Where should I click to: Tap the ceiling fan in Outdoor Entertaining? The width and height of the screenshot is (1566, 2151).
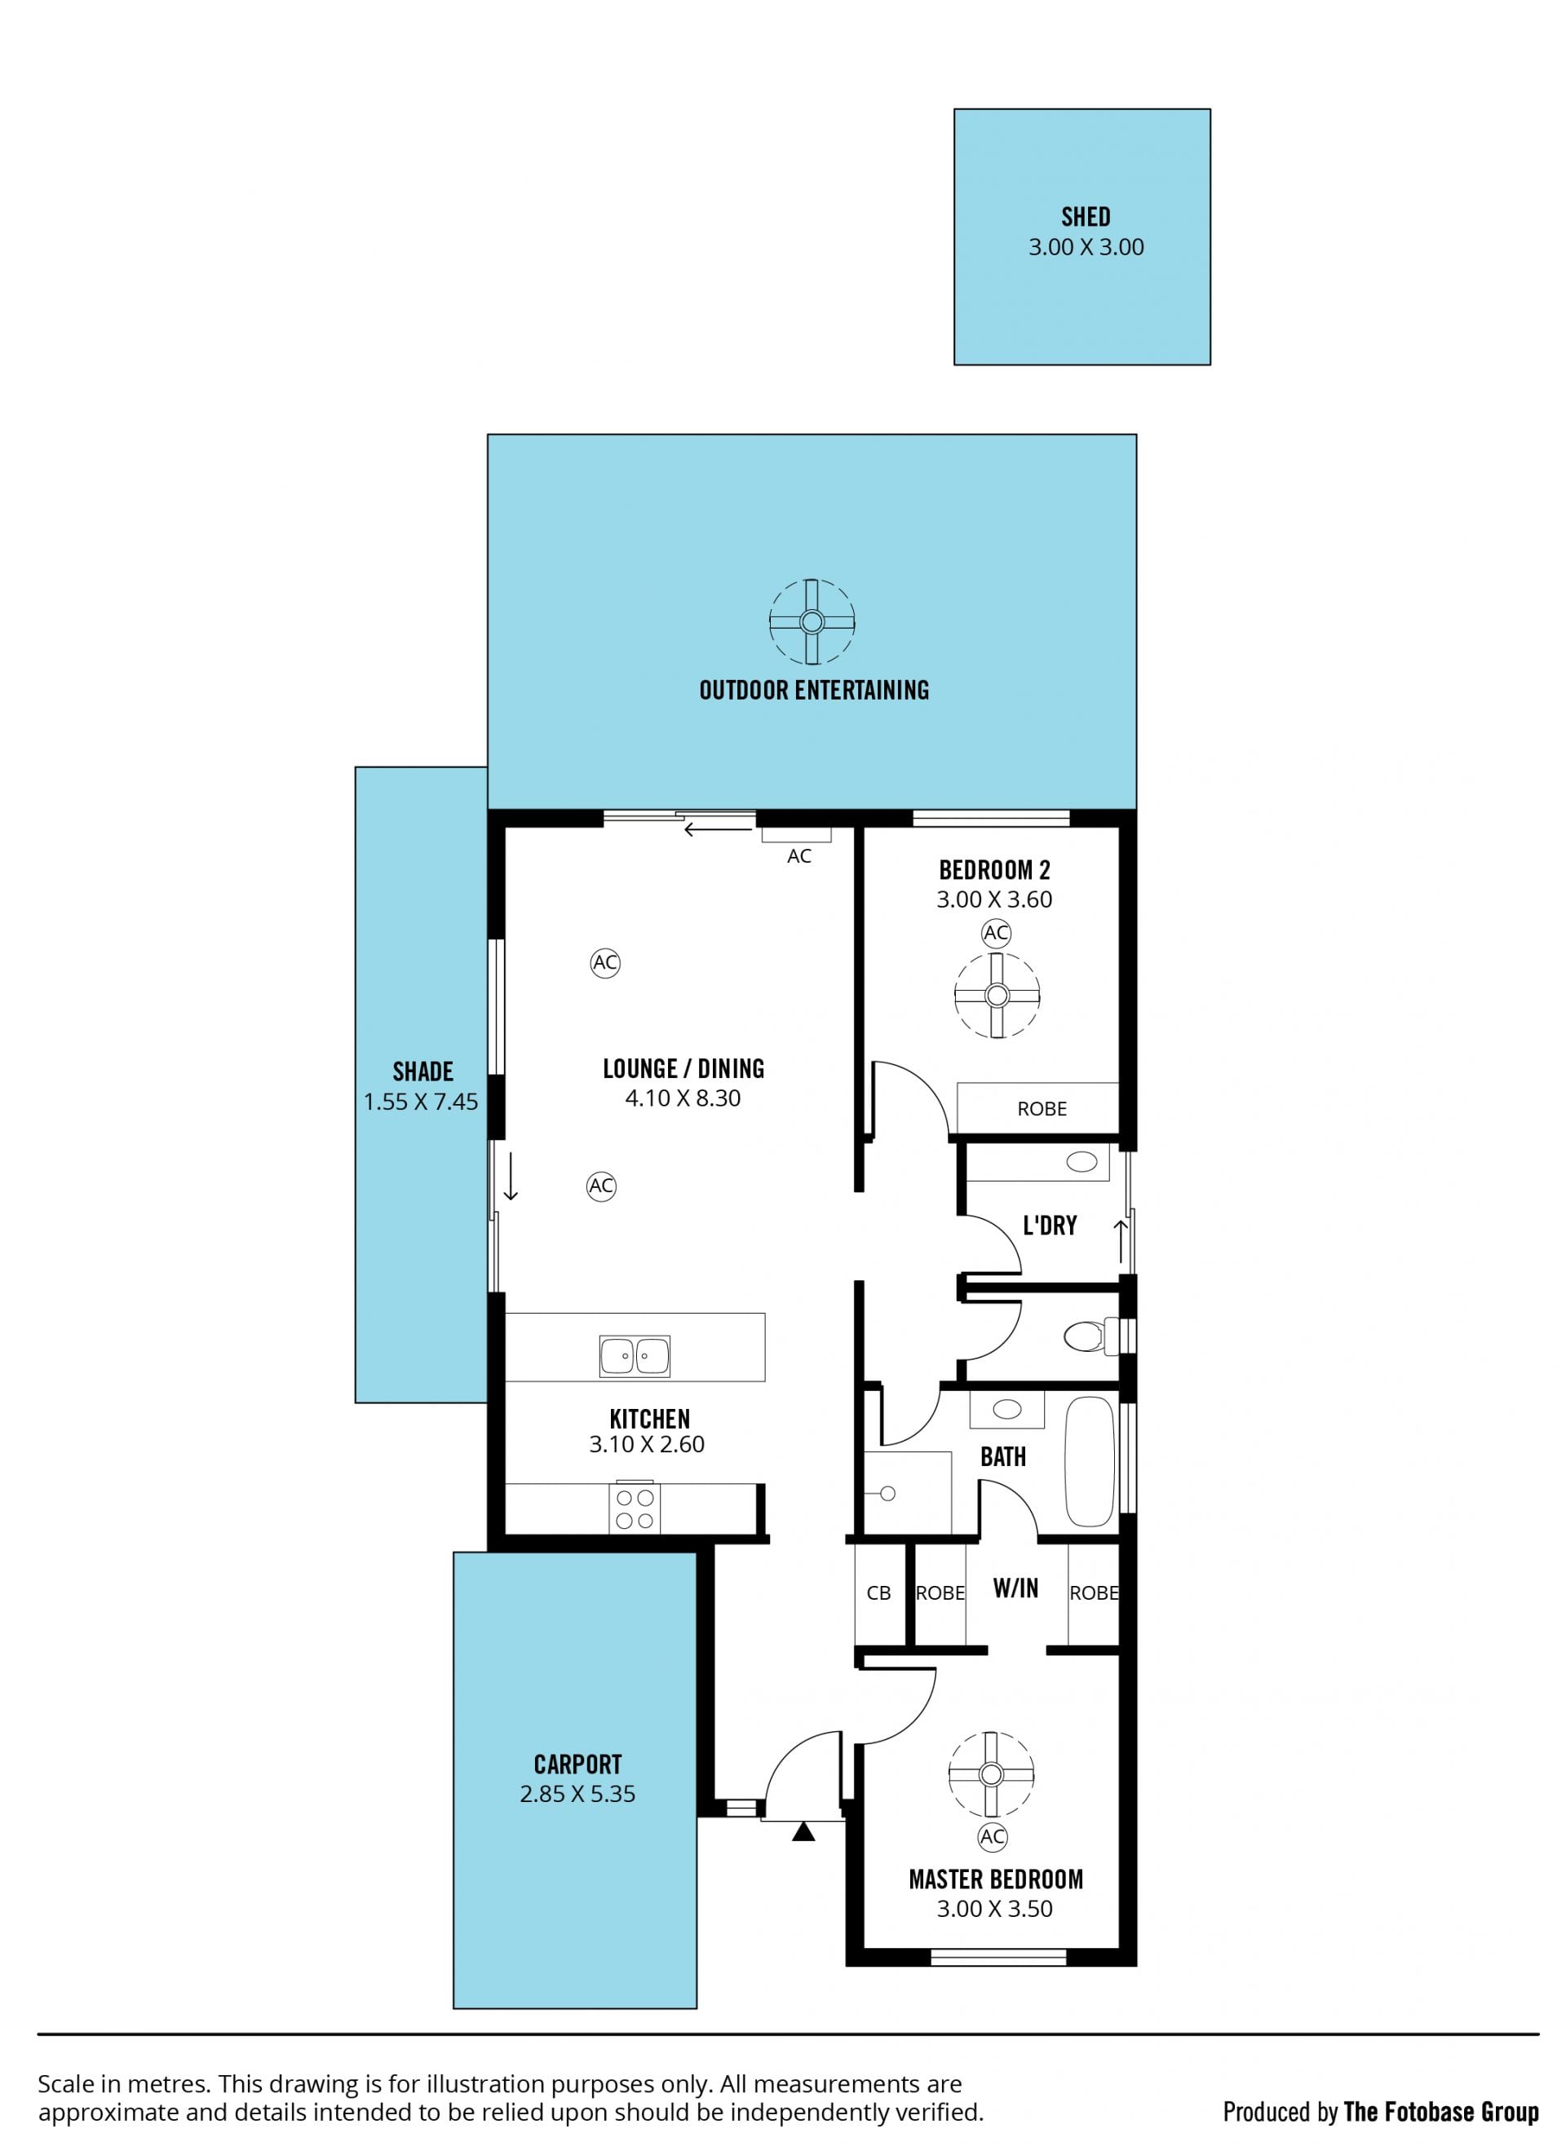pyautogui.click(x=811, y=622)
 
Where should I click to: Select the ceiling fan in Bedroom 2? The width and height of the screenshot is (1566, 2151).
pyautogui.click(x=996, y=995)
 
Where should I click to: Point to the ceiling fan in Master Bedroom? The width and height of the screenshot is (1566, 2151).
pyautogui.click(x=991, y=1774)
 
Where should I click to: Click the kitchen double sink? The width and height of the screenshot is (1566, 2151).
pyautogui.click(x=635, y=1356)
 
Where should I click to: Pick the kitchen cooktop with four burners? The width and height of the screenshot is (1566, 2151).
pyautogui.click(x=635, y=1507)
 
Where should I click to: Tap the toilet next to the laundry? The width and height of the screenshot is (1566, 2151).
pyautogui.click(x=1090, y=1336)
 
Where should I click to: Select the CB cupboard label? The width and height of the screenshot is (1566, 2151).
pyautogui.click(x=878, y=1593)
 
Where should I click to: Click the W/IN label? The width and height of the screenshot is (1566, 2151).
pyautogui.click(x=1015, y=1588)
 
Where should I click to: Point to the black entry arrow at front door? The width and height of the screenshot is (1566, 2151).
pyautogui.click(x=803, y=1832)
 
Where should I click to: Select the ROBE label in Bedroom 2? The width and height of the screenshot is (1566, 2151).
pyautogui.click(x=1042, y=1109)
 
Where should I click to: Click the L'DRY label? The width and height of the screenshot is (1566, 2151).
pyautogui.click(x=1050, y=1226)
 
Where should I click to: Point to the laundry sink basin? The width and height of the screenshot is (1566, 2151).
pyautogui.click(x=1082, y=1162)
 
